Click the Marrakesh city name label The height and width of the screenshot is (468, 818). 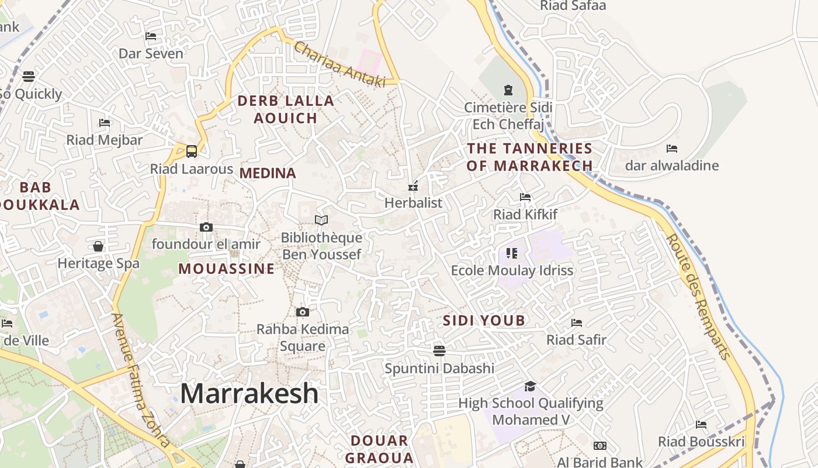(x=249, y=394)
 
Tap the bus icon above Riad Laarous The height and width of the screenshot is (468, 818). (x=191, y=152)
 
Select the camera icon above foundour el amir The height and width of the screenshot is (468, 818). (x=206, y=227)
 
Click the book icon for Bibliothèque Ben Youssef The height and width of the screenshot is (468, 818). (x=321, y=220)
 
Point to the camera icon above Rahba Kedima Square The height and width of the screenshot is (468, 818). (x=303, y=312)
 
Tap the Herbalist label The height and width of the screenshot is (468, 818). (x=414, y=203)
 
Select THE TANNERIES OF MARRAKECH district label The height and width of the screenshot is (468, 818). (x=530, y=157)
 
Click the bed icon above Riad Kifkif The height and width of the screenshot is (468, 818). (x=525, y=197)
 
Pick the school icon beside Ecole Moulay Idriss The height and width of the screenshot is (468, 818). (x=512, y=253)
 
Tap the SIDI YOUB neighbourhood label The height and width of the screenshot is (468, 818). (x=484, y=321)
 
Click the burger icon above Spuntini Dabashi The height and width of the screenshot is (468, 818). (x=439, y=350)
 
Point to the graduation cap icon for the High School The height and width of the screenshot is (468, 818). (x=530, y=386)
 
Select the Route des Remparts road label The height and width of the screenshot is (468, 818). (x=699, y=297)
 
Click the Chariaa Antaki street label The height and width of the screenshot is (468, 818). (x=339, y=64)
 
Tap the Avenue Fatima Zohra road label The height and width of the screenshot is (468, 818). (x=141, y=380)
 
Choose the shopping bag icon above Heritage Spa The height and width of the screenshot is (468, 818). (x=98, y=246)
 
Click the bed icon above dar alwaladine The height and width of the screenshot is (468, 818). (x=672, y=149)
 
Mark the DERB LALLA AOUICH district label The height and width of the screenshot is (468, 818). (x=286, y=109)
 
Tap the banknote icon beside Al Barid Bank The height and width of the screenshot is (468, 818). (x=600, y=446)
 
